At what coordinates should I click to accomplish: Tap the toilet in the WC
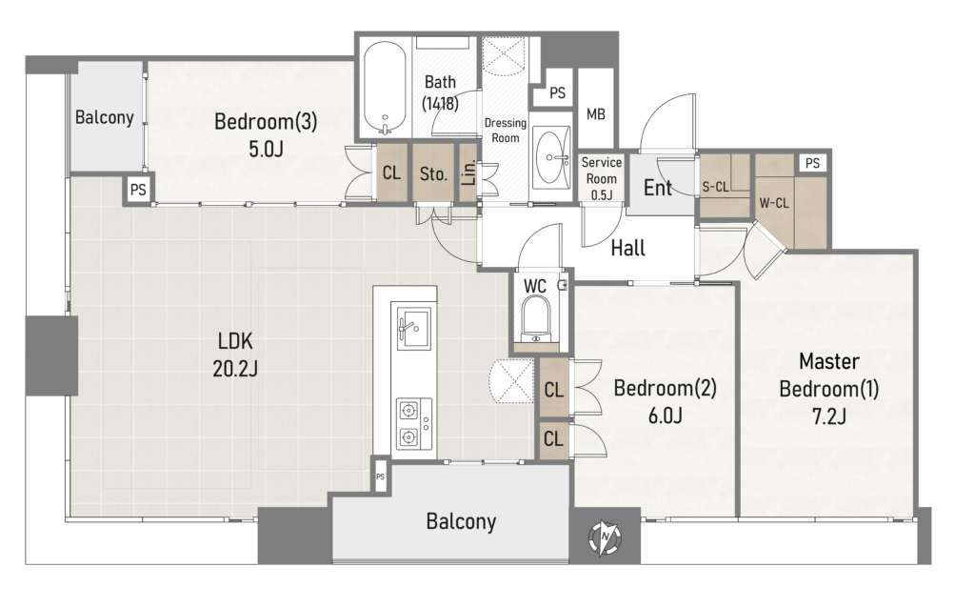[x=536, y=319]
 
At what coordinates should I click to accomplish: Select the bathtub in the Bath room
[x=385, y=89]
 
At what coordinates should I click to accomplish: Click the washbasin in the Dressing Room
[x=553, y=157]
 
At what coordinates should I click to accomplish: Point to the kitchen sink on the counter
[x=413, y=326]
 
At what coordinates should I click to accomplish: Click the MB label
[x=596, y=114]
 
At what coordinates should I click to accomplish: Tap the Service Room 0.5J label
[x=602, y=178]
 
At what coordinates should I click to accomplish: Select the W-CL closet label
[x=774, y=203]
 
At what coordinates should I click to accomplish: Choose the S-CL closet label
[x=715, y=187]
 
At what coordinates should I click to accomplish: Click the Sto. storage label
[x=433, y=173]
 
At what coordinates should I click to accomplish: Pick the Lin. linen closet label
[x=469, y=172]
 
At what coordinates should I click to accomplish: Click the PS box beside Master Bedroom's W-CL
[x=812, y=163]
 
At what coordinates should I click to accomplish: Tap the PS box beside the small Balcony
[x=138, y=189]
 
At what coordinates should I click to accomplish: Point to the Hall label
[x=628, y=249]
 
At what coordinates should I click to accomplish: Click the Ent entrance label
[x=658, y=188]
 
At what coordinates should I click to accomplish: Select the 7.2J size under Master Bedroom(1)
[x=829, y=415]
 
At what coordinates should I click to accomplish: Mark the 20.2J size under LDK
[x=235, y=369]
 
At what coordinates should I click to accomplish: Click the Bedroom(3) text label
[x=266, y=121]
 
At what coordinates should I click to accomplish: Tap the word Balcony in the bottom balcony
[x=462, y=521]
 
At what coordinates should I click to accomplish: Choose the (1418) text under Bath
[x=440, y=103]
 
